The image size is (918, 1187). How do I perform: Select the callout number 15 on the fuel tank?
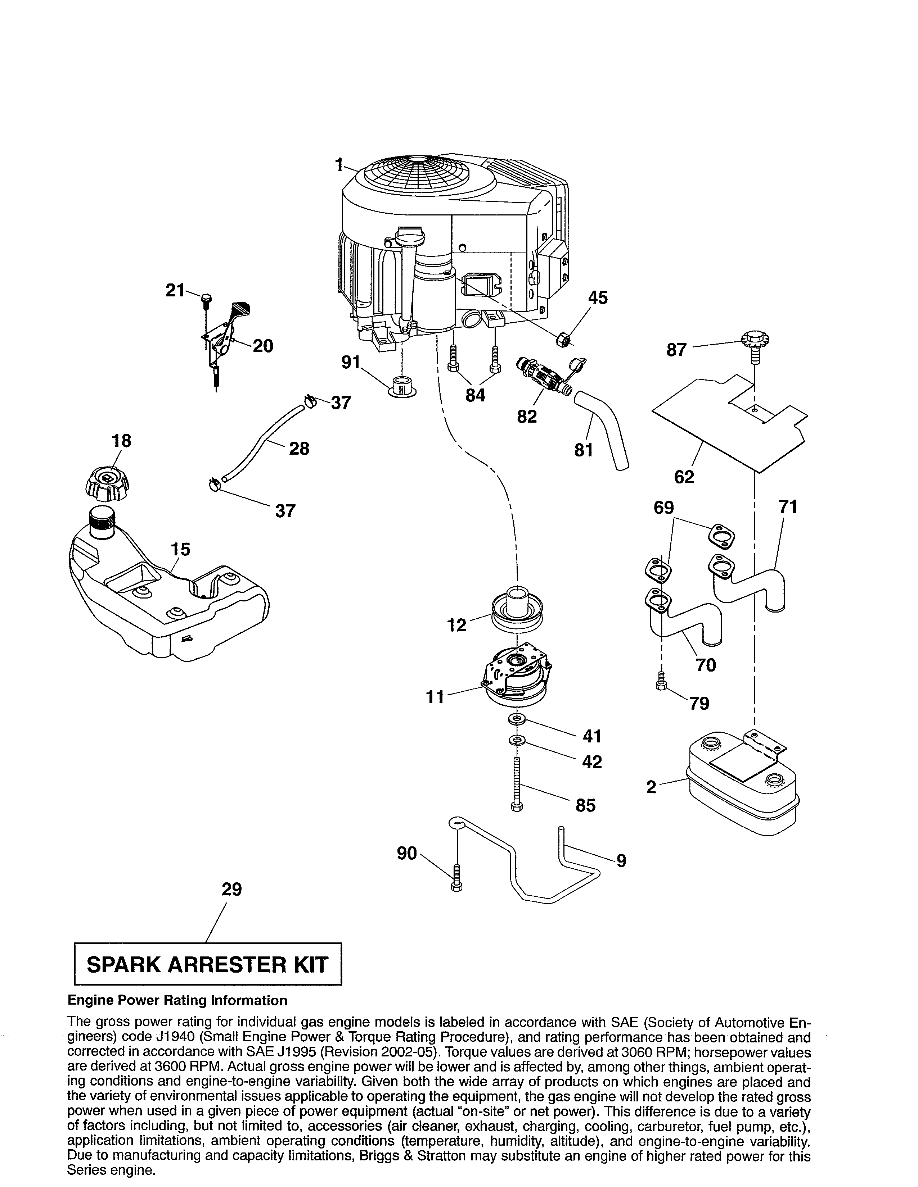pos(181,550)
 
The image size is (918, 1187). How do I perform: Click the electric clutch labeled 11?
pos(517,675)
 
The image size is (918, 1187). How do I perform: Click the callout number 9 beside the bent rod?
pos(621,860)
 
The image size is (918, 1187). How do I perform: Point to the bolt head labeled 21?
pos(207,299)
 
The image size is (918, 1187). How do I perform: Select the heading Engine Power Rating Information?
pos(177,1001)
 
